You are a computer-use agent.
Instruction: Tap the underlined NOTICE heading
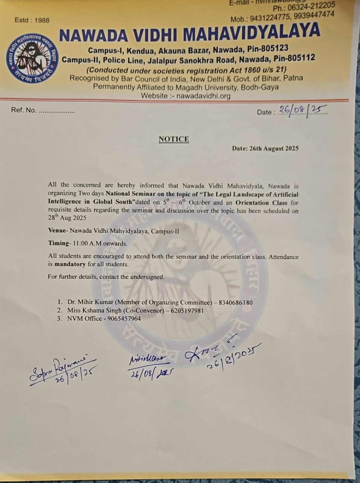click(174, 139)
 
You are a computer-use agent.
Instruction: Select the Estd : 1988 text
click(32, 20)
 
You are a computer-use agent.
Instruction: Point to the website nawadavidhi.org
click(204, 96)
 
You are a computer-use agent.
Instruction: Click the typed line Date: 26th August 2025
click(265, 149)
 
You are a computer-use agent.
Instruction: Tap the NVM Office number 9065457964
click(124, 318)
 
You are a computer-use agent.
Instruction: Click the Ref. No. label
click(24, 110)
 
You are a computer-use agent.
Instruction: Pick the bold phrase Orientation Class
click(262, 202)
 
